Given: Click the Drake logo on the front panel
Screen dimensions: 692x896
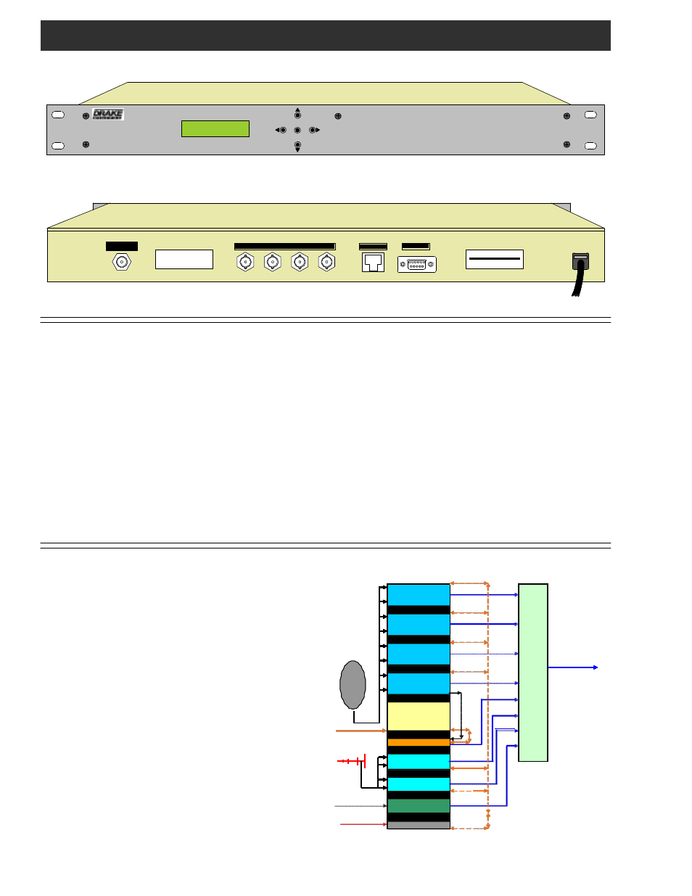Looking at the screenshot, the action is point(108,114).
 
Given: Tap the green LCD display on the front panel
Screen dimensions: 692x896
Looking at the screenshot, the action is point(215,128).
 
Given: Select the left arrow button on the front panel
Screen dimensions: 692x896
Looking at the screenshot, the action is point(281,131).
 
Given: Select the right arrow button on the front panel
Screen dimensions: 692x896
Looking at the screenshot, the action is point(314,131).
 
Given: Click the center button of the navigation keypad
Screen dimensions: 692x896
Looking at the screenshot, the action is point(297,131).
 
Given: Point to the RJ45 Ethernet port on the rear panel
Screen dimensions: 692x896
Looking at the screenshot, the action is point(373,262).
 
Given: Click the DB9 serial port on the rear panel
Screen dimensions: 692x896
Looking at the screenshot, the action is point(416,265).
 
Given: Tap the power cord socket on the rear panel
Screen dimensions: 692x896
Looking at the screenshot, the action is point(580,261).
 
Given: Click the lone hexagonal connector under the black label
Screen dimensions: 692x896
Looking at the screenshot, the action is point(122,262).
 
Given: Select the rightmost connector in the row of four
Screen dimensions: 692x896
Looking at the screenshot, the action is point(327,262).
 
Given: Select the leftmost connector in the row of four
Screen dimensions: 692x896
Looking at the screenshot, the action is point(245,262).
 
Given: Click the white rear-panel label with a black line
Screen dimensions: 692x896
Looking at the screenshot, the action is point(495,259).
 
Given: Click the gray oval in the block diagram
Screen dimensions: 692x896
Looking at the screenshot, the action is point(353,685).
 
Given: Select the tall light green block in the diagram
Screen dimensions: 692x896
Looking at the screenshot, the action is point(533,673).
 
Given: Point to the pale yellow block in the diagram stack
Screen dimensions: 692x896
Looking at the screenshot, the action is point(419,716).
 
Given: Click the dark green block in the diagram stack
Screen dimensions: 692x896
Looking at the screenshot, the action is point(419,806).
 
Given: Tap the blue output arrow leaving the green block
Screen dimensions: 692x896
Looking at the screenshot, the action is point(573,667).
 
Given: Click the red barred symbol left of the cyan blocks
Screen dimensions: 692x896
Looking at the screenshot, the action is point(352,761).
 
